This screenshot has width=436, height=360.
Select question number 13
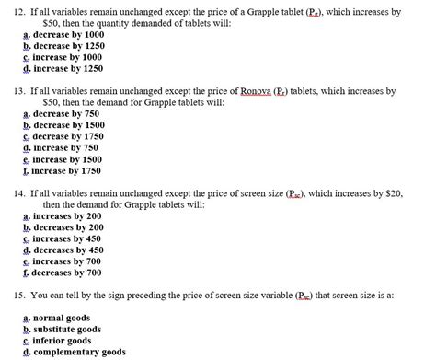[13, 92]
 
